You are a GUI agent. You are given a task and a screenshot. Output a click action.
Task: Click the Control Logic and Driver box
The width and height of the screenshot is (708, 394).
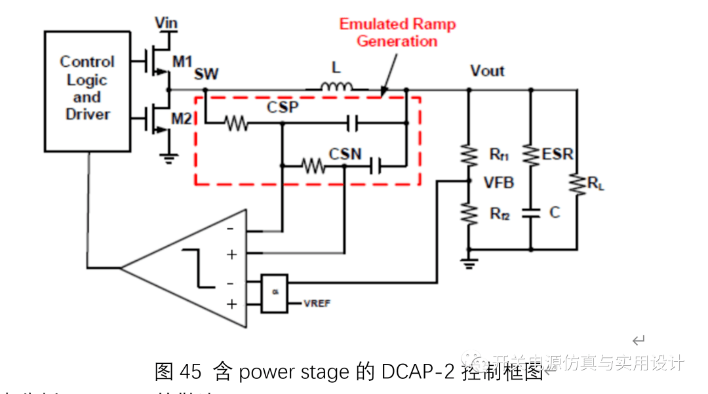(x=87, y=91)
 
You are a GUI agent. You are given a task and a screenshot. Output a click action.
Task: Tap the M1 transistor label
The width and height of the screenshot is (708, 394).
(x=183, y=62)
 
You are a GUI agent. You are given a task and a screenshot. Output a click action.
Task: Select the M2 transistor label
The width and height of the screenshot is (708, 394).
(x=184, y=119)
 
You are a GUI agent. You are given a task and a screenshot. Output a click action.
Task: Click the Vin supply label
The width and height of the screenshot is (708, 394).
(x=167, y=24)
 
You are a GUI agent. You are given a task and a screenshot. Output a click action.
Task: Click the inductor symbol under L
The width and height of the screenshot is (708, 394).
(x=336, y=87)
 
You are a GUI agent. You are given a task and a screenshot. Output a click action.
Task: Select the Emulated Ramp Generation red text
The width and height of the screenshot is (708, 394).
(x=397, y=33)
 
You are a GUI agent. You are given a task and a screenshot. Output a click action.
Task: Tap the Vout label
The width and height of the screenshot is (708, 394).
(x=487, y=71)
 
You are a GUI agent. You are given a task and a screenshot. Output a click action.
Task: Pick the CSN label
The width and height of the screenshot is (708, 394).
(x=345, y=154)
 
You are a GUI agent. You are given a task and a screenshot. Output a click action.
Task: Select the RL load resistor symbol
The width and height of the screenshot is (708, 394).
(x=577, y=184)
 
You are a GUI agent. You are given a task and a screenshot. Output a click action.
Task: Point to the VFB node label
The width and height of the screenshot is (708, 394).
(x=498, y=183)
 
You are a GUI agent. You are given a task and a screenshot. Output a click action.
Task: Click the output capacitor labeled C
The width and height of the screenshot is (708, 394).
(x=530, y=213)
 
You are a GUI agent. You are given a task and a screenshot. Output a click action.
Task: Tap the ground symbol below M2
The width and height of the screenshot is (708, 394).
(x=170, y=156)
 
